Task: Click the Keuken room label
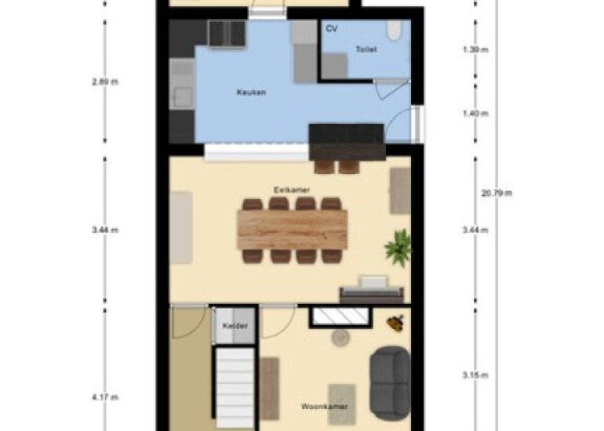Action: pyautogui.click(x=251, y=92)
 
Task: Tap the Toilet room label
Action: pyautogui.click(x=366, y=49)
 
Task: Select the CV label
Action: pyautogui.click(x=332, y=28)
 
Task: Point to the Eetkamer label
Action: pyautogui.click(x=292, y=190)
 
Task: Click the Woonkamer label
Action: pyautogui.click(x=324, y=407)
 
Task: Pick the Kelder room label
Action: pyautogui.click(x=235, y=326)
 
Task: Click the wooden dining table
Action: pyautogui.click(x=293, y=230)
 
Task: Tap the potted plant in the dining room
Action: pyautogui.click(x=398, y=247)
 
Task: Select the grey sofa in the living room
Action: pyautogui.click(x=390, y=383)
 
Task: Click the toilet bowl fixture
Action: pyautogui.click(x=395, y=30)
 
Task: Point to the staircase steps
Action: pyautogui.click(x=235, y=389)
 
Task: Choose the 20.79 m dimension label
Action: pyautogui.click(x=497, y=194)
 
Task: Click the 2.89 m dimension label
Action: pyautogui.click(x=105, y=81)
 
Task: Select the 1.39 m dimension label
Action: pyautogui.click(x=475, y=49)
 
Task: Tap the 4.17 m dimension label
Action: pyautogui.click(x=105, y=397)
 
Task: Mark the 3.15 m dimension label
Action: pyautogui.click(x=475, y=375)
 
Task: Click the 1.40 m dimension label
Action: pyautogui.click(x=475, y=114)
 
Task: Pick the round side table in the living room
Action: pyautogui.click(x=340, y=338)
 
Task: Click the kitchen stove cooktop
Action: pyautogui.click(x=227, y=33)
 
